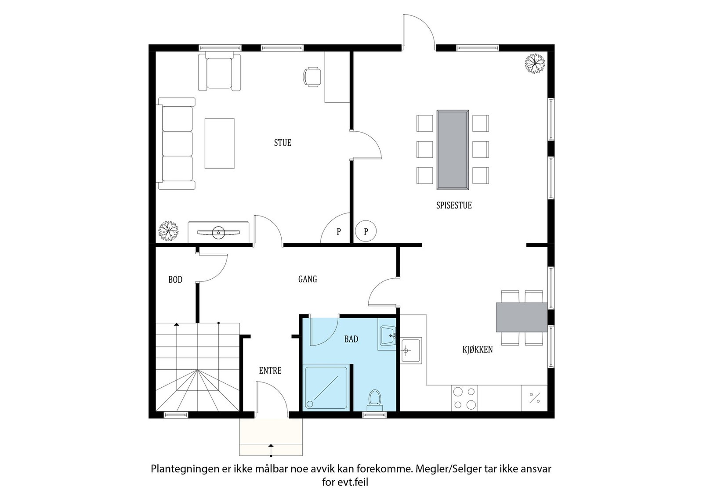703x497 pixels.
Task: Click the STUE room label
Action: [x=283, y=143]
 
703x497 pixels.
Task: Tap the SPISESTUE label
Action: [x=454, y=205]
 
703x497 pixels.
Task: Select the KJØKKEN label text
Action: [x=477, y=350]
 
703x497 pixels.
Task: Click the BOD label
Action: [x=175, y=280]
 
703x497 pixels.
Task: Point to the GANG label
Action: [x=308, y=279]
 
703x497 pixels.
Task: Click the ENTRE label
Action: [x=270, y=371]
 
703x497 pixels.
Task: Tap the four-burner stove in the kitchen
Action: [x=464, y=398]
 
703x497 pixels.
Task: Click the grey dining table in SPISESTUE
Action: [x=452, y=150]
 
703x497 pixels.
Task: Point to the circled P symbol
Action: [x=366, y=231]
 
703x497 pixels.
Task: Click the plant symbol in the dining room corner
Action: [x=535, y=63]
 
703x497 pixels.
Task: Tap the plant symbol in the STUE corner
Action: [x=168, y=230]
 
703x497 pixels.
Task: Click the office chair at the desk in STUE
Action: [x=312, y=76]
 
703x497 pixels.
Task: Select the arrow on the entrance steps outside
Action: [x=271, y=449]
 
